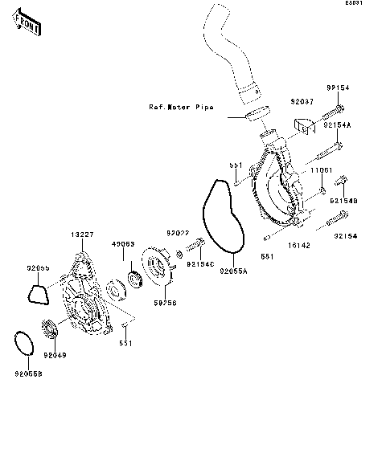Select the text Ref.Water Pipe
point(181,106)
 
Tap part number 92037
point(302,103)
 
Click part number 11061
point(323,170)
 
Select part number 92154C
point(199,262)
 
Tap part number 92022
point(178,232)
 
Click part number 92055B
point(27,373)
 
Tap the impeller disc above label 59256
point(160,273)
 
